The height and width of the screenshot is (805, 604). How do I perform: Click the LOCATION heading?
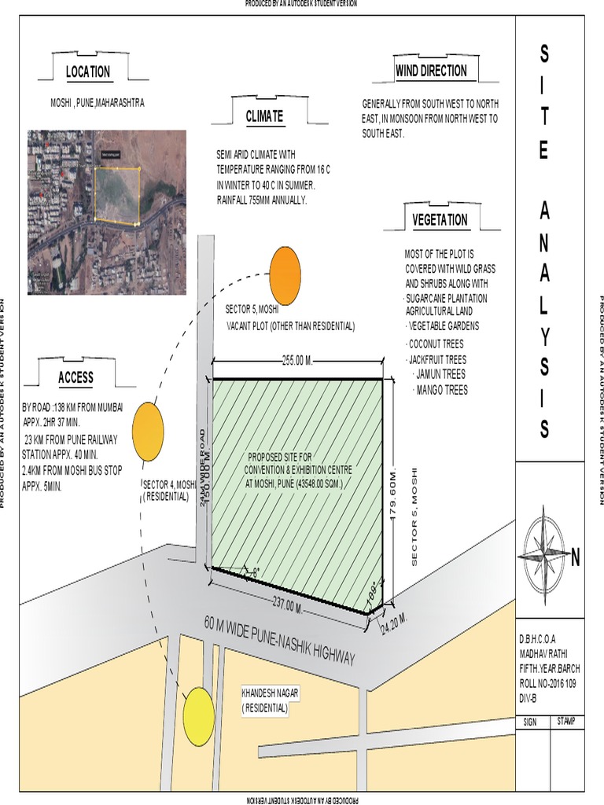pos(88,72)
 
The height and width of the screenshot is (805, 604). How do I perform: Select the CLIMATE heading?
pos(264,116)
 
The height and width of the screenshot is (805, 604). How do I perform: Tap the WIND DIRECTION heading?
pos(431,71)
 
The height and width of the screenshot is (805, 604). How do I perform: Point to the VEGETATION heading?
pos(440,220)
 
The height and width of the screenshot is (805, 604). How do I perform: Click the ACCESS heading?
pos(75,377)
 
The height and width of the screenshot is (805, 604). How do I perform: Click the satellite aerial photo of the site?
pos(107,212)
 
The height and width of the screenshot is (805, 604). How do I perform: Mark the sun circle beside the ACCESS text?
pos(148,431)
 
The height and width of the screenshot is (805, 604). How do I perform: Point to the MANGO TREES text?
pos(441,389)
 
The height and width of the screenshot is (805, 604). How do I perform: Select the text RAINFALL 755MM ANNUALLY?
pos(261,200)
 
